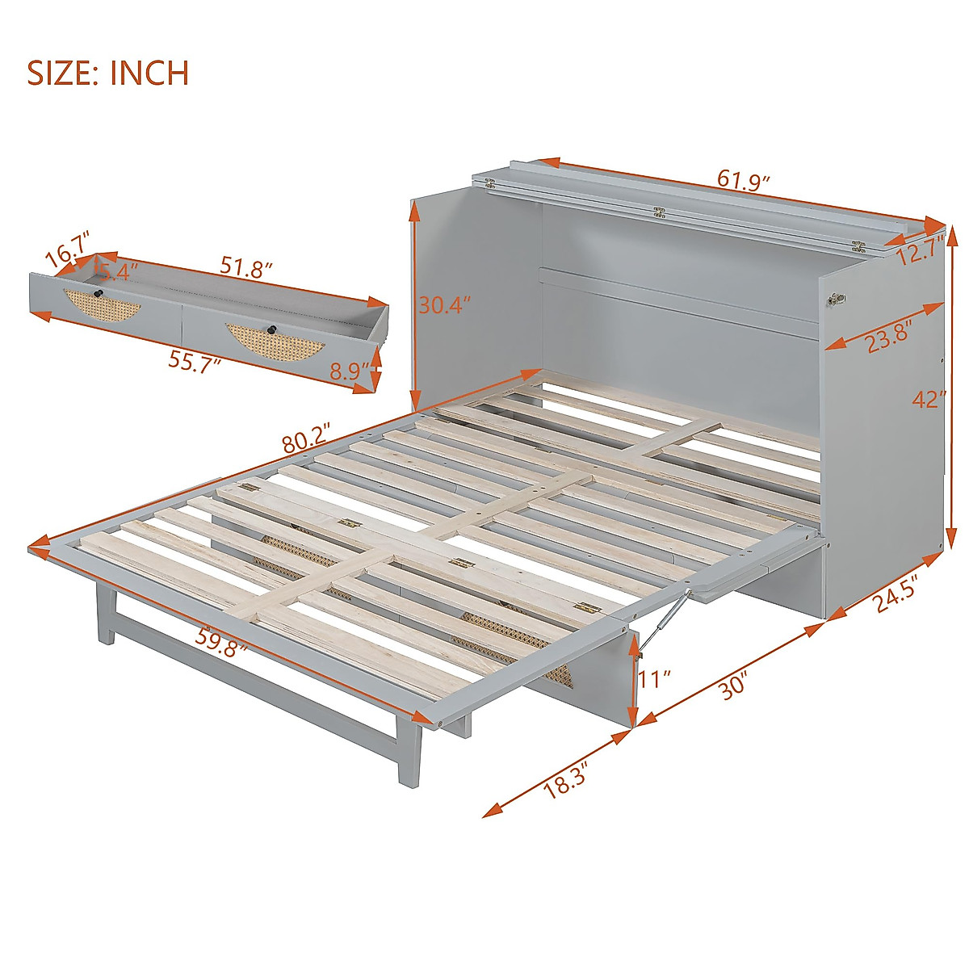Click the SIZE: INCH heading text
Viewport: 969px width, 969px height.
click(x=109, y=73)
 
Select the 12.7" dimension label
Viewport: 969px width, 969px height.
click(x=920, y=251)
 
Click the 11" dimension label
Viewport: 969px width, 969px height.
click(x=655, y=679)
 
